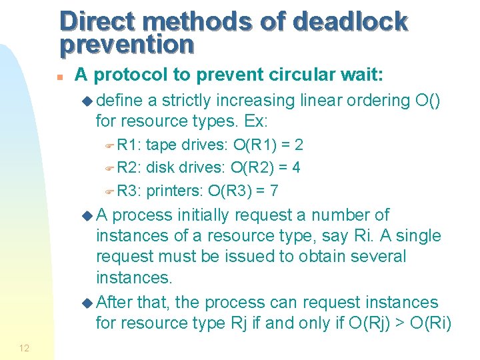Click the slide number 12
point(24,348)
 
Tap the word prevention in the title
point(127,44)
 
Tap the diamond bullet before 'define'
point(89,101)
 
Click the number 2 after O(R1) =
point(299,145)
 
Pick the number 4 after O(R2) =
point(296,167)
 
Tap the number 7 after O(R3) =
point(274,191)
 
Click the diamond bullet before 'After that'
point(89,303)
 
